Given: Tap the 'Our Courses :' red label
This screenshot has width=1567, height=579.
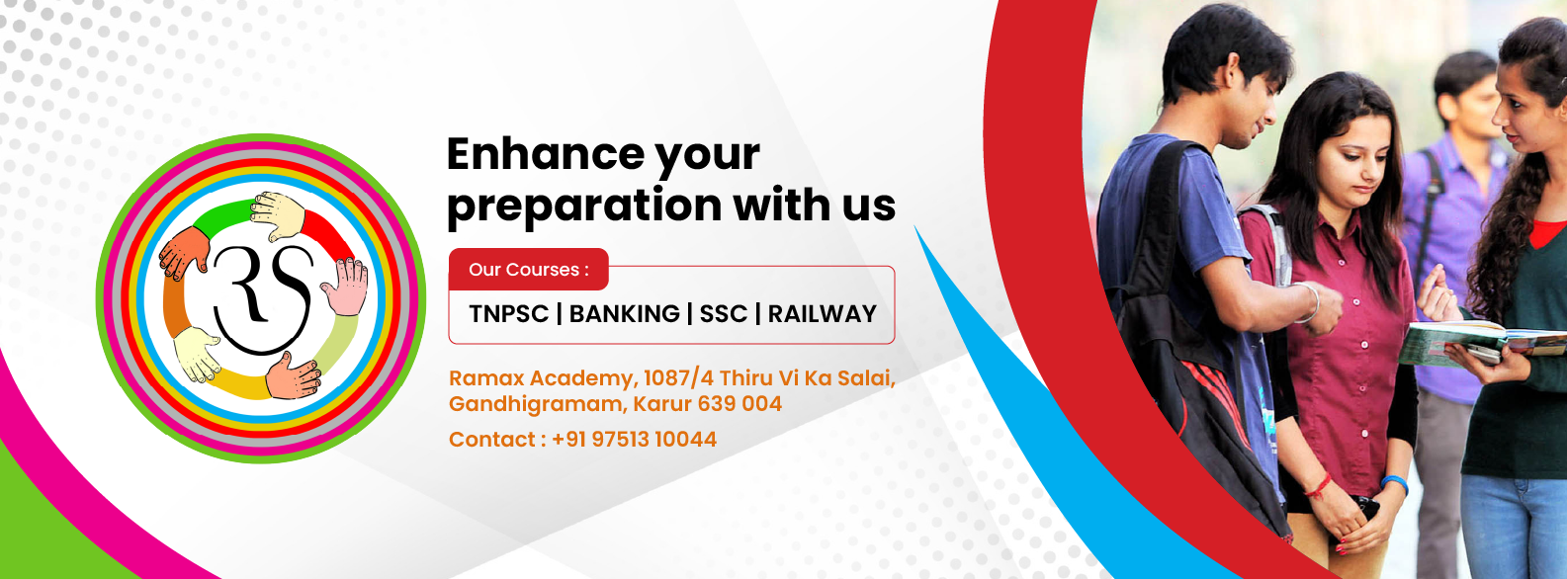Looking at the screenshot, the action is tap(529, 269).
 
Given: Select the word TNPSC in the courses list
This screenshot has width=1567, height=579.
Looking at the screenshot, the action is tap(508, 314).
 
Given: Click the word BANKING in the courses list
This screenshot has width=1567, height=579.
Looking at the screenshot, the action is tap(624, 314).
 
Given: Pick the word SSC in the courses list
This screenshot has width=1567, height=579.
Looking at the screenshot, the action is tap(724, 314).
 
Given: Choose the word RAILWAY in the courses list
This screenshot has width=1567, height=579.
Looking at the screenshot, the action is tap(822, 314).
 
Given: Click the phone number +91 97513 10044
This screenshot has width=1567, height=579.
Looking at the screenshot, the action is tap(634, 439).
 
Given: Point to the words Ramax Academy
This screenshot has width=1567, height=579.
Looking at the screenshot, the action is tap(543, 378).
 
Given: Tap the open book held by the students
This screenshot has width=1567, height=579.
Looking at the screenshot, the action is tap(1476, 343).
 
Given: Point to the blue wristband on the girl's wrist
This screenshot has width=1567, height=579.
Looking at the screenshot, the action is tap(1395, 483).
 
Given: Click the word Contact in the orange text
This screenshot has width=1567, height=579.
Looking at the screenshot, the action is tap(492, 439).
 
